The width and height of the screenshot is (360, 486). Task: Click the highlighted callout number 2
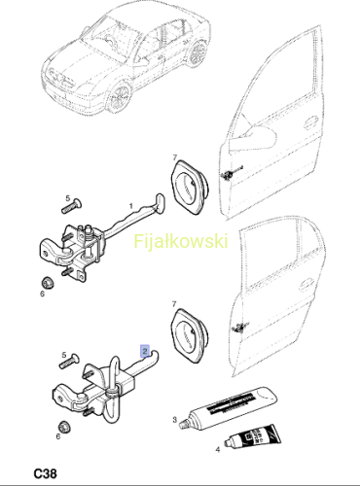[145, 351]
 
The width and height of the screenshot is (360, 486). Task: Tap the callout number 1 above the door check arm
[131, 206]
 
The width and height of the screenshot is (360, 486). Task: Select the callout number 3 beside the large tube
[174, 420]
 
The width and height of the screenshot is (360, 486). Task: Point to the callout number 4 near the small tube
[218, 450]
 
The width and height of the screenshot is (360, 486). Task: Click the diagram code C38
[45, 474]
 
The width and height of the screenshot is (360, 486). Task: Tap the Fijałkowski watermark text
[181, 242]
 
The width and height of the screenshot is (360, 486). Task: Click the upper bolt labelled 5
[72, 206]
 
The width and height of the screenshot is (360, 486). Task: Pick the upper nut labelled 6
[48, 283]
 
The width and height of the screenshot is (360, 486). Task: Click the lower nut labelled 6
[63, 427]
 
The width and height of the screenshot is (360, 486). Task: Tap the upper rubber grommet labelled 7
[190, 187]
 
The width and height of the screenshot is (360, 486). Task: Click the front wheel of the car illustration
[119, 96]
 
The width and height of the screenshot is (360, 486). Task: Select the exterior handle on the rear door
[306, 285]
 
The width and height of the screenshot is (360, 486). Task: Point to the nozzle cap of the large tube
[184, 424]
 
